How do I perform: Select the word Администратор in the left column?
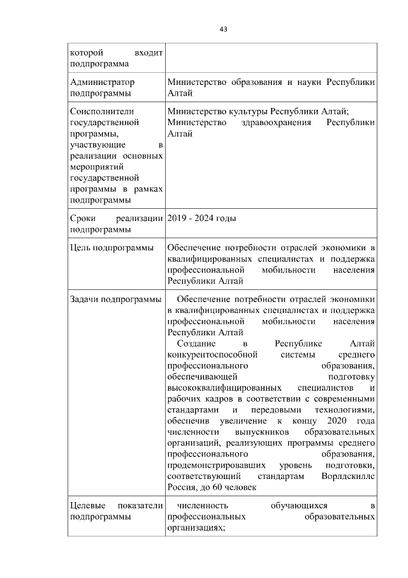102,82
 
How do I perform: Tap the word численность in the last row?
202,506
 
